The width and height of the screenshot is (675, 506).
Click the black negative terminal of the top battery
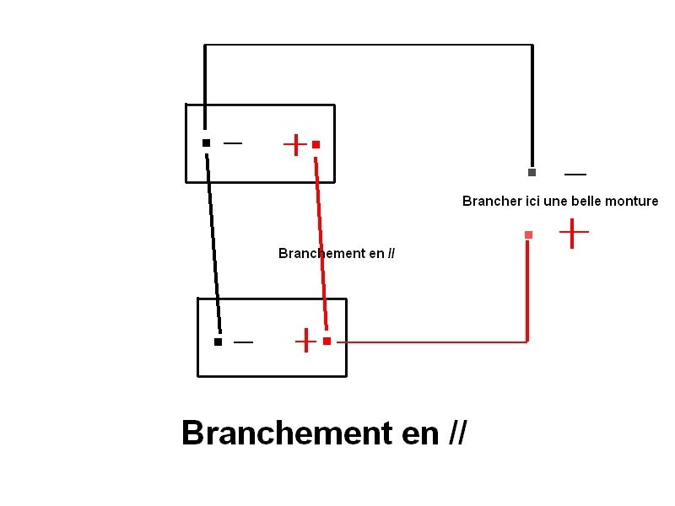click(x=206, y=143)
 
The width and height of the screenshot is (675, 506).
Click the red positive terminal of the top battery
click(x=316, y=145)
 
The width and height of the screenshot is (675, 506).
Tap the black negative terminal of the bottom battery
click(x=218, y=342)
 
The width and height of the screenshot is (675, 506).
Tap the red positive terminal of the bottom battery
click(x=327, y=342)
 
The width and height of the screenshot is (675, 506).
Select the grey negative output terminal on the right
click(x=532, y=173)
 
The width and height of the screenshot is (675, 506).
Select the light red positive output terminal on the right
click(x=528, y=234)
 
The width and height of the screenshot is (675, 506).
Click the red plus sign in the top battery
click(x=294, y=145)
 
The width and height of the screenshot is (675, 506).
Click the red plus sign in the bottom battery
click(x=305, y=342)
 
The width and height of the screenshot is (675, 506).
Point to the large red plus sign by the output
click(x=573, y=233)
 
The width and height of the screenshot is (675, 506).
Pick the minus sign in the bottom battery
click(x=243, y=342)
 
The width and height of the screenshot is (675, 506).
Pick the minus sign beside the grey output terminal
click(x=575, y=175)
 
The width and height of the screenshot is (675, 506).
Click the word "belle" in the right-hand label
click(x=586, y=202)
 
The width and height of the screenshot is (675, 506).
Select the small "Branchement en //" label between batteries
click(x=336, y=253)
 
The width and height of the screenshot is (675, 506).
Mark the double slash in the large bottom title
click(x=457, y=433)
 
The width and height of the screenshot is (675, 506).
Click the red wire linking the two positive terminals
click(x=321, y=245)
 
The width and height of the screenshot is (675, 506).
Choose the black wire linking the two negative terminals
click(x=213, y=245)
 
